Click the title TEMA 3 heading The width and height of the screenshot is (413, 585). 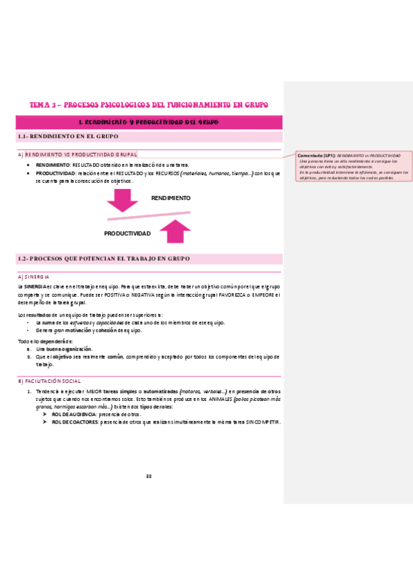[148, 105]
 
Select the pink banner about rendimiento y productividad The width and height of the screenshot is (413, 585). [149, 123]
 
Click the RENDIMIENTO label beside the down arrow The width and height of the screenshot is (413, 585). [170, 198]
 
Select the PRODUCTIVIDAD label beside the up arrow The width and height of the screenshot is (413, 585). [127, 234]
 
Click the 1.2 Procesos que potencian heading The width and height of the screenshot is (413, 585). [103, 259]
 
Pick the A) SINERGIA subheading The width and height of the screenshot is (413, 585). [33, 277]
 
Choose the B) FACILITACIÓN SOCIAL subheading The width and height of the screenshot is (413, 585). [50, 381]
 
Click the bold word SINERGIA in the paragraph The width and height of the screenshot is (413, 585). [32, 286]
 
